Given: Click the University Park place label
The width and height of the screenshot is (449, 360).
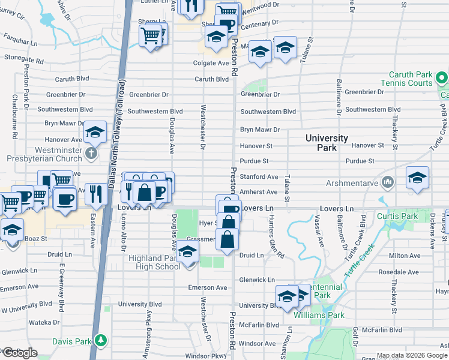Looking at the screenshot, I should tap(327, 143).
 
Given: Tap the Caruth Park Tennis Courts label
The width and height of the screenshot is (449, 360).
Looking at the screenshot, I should tap(406, 79).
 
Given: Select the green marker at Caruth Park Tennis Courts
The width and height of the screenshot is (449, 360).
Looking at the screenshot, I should tap(442, 78).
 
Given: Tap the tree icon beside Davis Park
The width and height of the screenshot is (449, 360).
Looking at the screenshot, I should tap(101, 341).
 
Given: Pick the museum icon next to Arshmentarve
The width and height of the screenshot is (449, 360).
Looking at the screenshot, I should tap(388, 181).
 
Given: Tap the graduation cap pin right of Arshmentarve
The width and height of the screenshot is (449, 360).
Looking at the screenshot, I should tap(418, 178).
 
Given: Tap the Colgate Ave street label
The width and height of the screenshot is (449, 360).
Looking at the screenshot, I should tap(211, 63).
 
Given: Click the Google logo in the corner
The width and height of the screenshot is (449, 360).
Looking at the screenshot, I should tap(20, 353).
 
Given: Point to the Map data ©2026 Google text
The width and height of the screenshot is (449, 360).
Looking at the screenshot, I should tap(412, 355).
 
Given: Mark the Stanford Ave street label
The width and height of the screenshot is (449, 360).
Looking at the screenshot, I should tap(259, 177).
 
